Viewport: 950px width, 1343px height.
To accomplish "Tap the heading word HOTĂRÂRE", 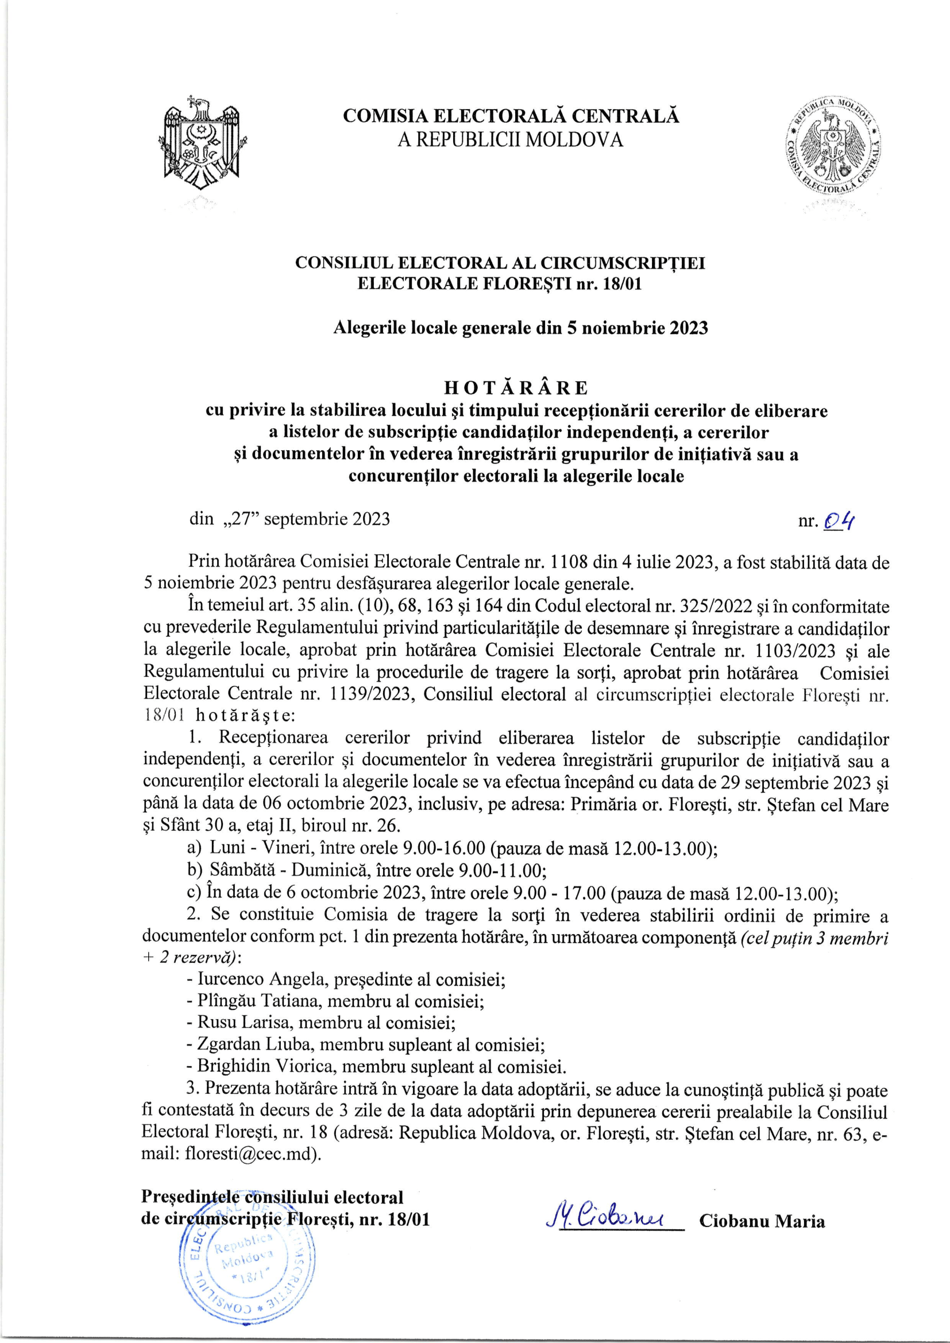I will [x=516, y=388].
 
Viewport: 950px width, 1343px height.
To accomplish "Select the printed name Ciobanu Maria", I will [x=762, y=1221].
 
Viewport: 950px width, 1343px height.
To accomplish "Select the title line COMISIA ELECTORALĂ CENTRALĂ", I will [x=511, y=116].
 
